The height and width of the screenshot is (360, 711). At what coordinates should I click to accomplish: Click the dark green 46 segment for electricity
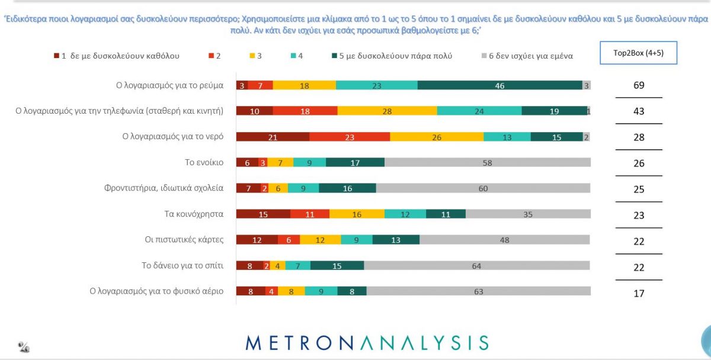(x=499, y=85)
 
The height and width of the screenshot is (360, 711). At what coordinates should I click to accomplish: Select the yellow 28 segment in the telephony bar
(x=387, y=111)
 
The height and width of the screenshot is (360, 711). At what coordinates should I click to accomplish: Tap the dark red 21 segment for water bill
(x=273, y=137)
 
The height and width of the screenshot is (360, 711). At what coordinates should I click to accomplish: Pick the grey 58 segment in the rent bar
(x=487, y=163)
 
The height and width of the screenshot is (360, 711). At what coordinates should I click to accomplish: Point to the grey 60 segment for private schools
(x=483, y=188)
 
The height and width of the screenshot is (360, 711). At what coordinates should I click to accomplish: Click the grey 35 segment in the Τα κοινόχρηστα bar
(x=528, y=214)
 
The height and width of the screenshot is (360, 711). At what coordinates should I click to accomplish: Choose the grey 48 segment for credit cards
(x=504, y=240)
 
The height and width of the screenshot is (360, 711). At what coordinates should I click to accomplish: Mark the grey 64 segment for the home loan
(x=477, y=265)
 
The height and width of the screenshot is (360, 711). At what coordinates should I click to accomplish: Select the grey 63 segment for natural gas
(x=478, y=291)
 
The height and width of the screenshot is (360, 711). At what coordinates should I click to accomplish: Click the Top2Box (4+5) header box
(x=638, y=53)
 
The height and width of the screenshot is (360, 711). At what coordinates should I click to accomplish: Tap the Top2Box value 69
(x=638, y=85)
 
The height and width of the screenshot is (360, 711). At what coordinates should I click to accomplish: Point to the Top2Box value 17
(x=638, y=292)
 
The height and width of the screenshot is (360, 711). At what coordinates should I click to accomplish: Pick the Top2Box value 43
(x=638, y=111)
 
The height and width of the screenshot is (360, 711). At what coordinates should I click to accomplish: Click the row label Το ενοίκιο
(x=204, y=162)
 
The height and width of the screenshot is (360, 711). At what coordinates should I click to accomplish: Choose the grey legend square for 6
(x=483, y=56)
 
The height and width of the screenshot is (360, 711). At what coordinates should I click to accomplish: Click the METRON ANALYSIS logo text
(x=367, y=342)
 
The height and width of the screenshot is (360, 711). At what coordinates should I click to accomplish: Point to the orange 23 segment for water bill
(x=350, y=137)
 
